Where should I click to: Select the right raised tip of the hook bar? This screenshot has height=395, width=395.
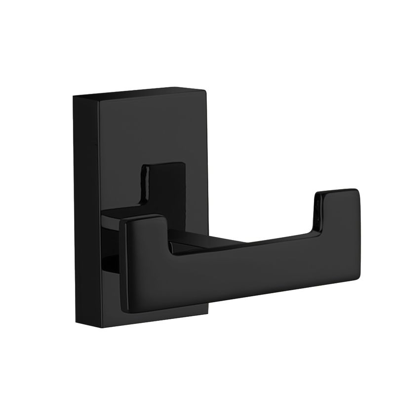tap(338, 207)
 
